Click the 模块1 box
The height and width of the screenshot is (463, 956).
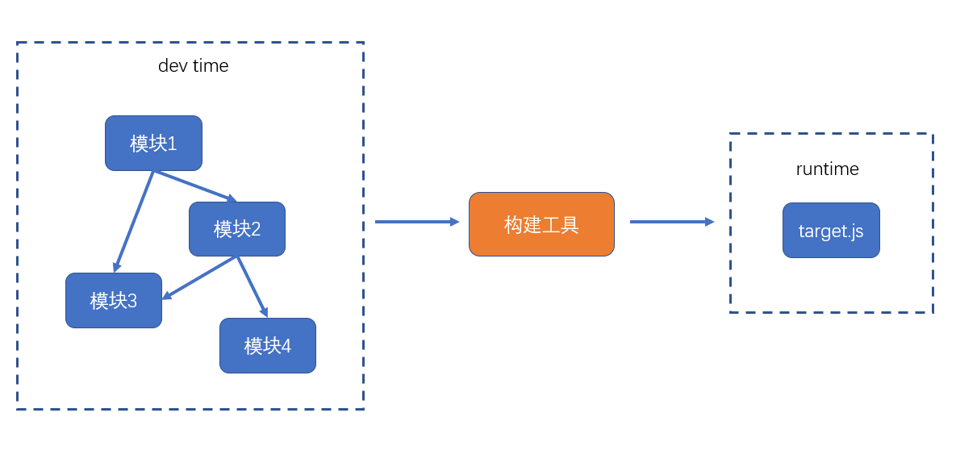coord(153,143)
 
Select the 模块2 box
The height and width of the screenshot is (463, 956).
coord(236,229)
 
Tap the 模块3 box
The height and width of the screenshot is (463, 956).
coord(113,300)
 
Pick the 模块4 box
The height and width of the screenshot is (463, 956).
coord(267,345)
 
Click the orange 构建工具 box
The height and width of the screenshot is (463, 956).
coord(541,224)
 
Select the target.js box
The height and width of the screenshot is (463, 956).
coord(831,231)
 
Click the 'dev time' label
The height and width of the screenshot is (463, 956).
coord(193,66)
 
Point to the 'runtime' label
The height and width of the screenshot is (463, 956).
coord(827,169)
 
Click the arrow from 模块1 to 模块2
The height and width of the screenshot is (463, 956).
coord(194,186)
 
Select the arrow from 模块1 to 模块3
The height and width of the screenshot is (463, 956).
coord(134,220)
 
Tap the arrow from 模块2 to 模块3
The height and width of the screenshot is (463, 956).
coord(200,277)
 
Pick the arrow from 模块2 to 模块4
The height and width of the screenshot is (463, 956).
coord(252,286)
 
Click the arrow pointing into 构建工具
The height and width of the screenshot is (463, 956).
coord(416,222)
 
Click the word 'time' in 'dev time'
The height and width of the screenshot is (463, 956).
coord(211,66)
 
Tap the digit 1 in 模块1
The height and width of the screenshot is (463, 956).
coord(172,144)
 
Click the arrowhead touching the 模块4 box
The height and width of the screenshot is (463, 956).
coord(264,312)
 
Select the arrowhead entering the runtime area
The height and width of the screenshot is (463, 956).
coord(709,222)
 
